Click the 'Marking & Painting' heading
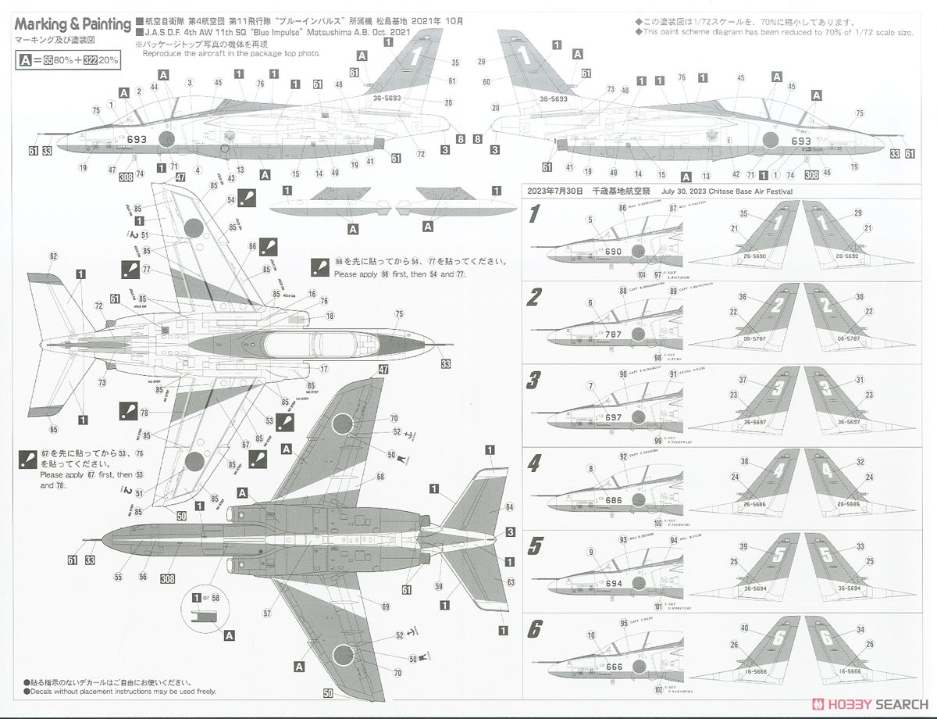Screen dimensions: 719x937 [73, 24]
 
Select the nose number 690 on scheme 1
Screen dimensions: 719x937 [613, 252]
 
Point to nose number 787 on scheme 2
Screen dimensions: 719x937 [613, 334]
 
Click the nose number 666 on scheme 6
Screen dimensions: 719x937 [614, 667]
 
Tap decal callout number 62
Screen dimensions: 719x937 [53, 256]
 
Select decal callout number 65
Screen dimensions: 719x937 [53, 429]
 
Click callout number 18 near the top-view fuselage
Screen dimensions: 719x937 [330, 315]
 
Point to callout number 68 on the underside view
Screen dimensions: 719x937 [379, 476]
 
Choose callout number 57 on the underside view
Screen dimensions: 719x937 [268, 613]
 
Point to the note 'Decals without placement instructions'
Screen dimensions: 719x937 [106, 691]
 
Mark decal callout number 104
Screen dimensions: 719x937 [641, 275]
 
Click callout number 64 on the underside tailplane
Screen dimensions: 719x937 [508, 506]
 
